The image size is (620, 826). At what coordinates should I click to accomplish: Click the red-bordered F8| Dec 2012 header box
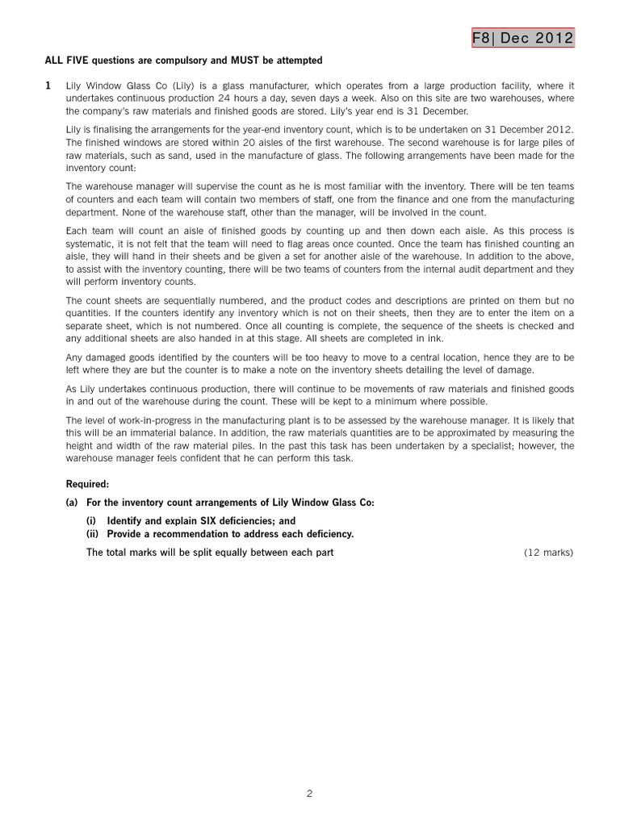point(523,37)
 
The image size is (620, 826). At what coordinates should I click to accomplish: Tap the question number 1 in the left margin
point(48,86)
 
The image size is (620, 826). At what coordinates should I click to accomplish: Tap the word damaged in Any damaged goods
point(103,357)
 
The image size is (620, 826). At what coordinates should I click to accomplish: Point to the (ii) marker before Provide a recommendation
point(93,534)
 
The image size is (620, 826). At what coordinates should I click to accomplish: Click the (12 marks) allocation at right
point(548,553)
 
